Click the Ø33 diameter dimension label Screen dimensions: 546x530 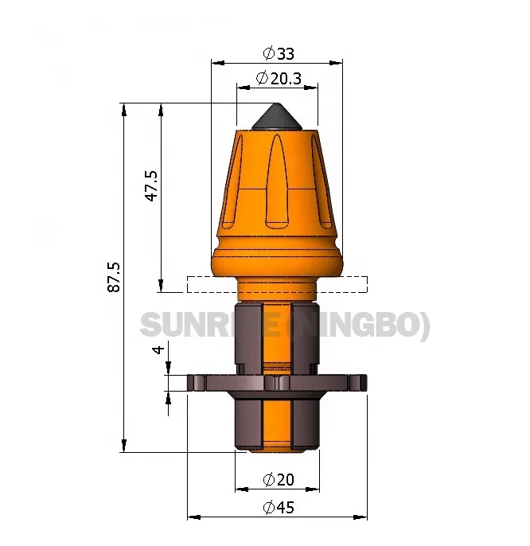tap(278, 53)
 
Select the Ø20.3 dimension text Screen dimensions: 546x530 tap(278, 78)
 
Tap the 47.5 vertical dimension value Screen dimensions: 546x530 tap(151, 185)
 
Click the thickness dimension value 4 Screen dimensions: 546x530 tap(158, 349)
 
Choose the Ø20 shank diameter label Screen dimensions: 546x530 tap(278, 479)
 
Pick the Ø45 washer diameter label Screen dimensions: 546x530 tap(278, 507)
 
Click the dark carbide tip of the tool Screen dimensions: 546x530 tap(275, 117)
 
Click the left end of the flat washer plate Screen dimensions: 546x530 tap(193, 383)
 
